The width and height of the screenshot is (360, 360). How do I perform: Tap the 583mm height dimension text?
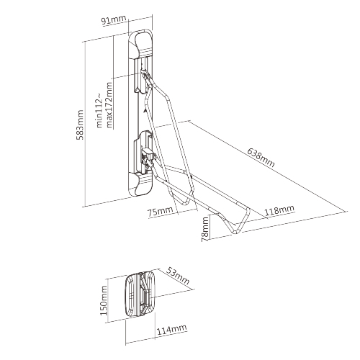coord(80,125)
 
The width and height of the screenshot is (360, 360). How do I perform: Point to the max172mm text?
coord(109,105)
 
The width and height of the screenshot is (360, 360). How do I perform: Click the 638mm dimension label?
coord(261,158)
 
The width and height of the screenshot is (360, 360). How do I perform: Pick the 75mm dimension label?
coord(160,212)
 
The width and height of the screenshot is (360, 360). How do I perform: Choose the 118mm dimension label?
coord(279,210)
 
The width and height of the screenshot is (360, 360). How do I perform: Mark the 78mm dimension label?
coord(205,229)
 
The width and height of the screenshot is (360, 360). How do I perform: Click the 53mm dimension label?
coord(178,275)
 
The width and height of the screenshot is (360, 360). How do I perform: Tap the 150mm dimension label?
coord(104,300)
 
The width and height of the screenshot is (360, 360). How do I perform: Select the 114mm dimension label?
coord(171,330)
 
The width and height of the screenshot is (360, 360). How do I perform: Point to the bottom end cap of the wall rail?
coord(140,184)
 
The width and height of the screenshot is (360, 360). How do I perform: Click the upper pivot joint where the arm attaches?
coord(145,76)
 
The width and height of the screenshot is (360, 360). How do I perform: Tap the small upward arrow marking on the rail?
coord(145,110)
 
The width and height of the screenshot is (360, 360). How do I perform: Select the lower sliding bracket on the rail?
coord(143,151)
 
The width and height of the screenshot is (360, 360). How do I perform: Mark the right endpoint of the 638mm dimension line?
coord(347,211)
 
